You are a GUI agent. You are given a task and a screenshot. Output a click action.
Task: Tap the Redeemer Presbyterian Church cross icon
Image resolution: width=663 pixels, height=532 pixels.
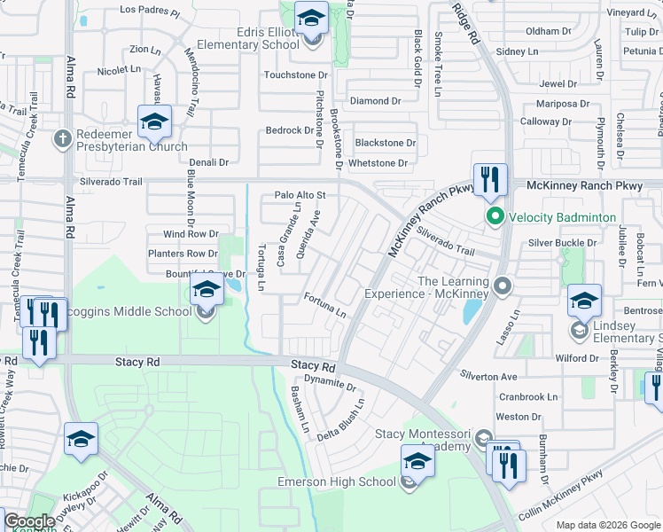62,138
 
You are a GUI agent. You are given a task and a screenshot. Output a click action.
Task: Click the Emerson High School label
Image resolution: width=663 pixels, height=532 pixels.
336,481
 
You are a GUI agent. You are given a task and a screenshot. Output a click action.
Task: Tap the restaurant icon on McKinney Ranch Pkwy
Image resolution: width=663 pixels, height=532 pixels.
489,181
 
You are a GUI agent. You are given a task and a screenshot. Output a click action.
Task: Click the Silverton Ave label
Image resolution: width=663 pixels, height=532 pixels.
487,377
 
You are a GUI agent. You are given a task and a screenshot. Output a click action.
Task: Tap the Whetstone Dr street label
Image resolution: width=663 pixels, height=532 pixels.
378,163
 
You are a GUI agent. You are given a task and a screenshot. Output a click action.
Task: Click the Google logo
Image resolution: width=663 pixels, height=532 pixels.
28,521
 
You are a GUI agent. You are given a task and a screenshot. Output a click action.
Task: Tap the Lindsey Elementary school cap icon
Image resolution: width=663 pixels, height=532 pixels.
585,301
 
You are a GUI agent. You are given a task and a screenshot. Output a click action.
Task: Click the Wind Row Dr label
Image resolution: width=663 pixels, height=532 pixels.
191,234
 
